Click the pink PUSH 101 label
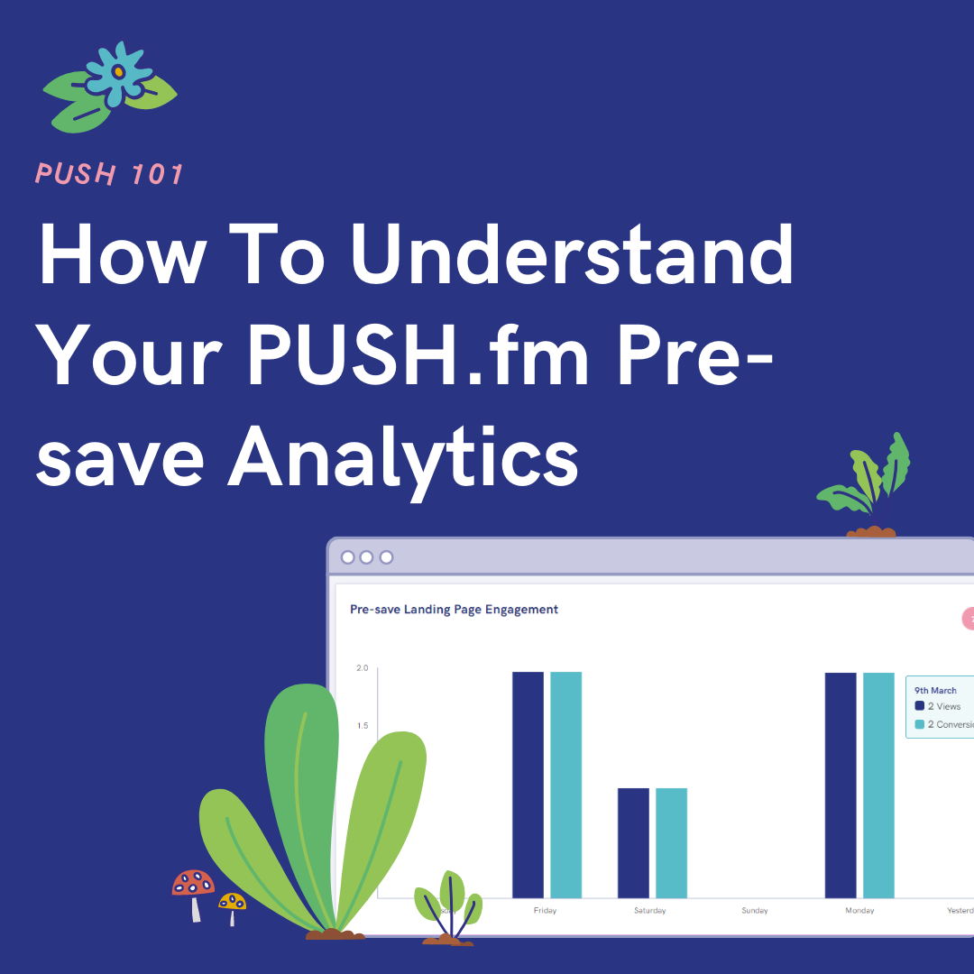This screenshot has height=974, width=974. coord(109,173)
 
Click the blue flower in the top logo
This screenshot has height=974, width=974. coord(117,70)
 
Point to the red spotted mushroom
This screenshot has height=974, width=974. coord(193,885)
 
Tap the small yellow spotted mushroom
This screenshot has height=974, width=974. coord(232,903)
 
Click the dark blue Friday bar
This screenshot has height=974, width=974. coord(528,785)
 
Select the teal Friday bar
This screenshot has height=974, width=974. coord(566,785)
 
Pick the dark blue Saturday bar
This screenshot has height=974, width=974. coord(633,842)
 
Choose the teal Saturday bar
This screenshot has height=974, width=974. coord(671,842)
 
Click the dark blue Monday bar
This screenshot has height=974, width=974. coord(841,785)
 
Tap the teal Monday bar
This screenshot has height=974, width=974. coord(878,785)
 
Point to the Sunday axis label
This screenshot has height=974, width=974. coord(755,911)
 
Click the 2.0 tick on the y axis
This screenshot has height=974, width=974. coord(363,668)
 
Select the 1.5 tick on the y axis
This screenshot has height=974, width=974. coord(363,726)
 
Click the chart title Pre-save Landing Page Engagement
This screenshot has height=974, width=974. coord(454,610)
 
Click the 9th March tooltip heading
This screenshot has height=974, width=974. coord(935,690)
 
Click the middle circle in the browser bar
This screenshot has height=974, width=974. coord(366,557)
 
